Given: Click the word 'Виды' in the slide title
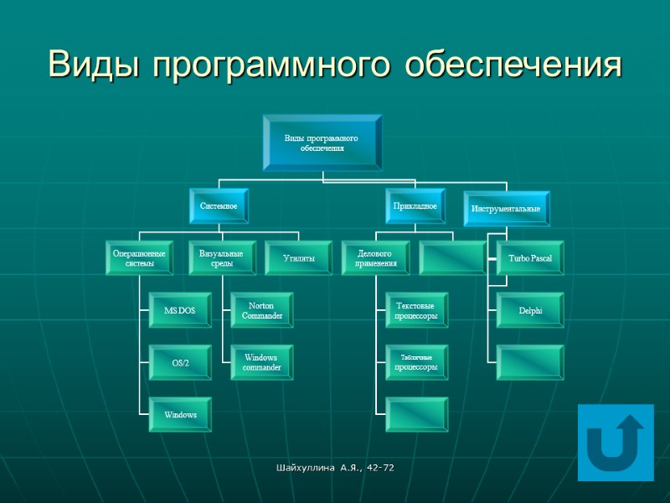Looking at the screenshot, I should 94,64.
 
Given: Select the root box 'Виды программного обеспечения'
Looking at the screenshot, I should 322,143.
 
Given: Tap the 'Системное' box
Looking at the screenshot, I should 219,205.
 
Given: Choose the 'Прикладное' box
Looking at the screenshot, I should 415,205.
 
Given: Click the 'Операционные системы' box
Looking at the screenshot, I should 139,258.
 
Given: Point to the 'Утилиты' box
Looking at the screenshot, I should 299,259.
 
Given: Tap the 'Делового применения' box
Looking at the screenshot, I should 375,258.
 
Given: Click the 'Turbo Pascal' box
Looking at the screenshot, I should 530,258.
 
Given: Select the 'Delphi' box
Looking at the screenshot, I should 530,311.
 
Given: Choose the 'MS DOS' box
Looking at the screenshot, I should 180,311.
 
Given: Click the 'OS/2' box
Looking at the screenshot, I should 180,362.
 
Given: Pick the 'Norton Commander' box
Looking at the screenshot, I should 262,311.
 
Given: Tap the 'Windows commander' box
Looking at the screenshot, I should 262,362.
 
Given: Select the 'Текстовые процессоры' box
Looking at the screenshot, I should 416,311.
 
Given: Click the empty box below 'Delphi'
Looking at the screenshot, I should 530,362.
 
